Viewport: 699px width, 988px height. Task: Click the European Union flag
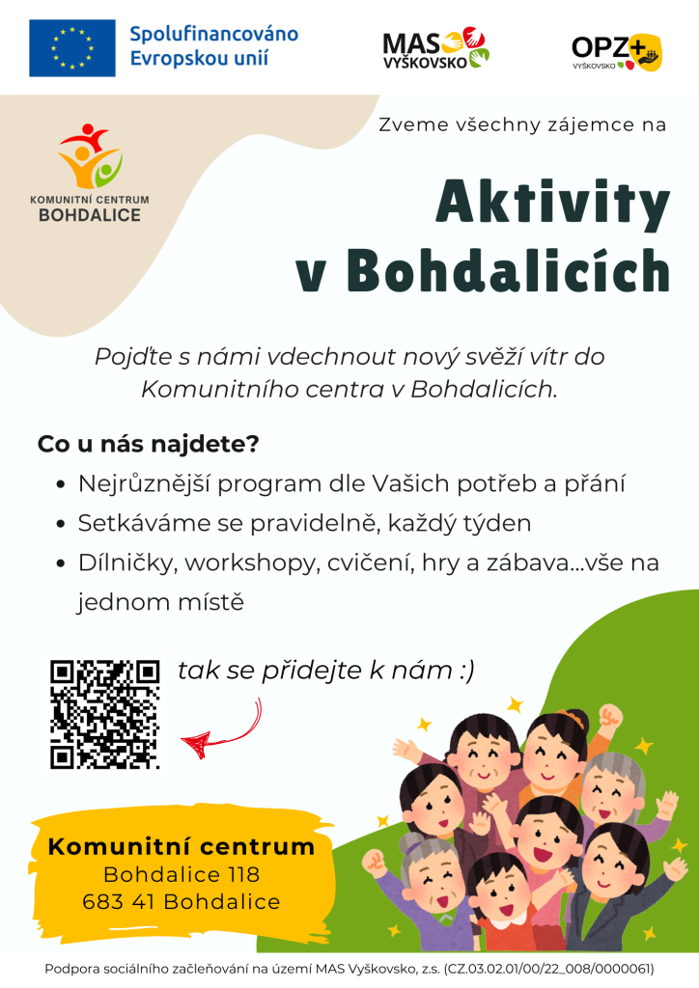71,48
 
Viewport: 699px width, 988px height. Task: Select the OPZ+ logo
617,52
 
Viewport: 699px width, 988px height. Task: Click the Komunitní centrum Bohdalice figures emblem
90,155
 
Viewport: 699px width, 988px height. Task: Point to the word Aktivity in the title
553,204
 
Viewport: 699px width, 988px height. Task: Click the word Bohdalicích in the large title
508,271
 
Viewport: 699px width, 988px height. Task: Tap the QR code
104,715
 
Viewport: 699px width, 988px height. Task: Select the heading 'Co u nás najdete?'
148,444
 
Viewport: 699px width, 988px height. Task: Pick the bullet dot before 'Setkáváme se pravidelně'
61,524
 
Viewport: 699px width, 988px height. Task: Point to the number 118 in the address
244,874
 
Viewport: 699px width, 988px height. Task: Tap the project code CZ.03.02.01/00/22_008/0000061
548,969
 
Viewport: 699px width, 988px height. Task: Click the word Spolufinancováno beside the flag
213,34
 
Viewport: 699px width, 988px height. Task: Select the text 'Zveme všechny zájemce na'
522,124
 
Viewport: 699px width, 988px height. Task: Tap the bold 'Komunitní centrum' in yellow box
181,846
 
